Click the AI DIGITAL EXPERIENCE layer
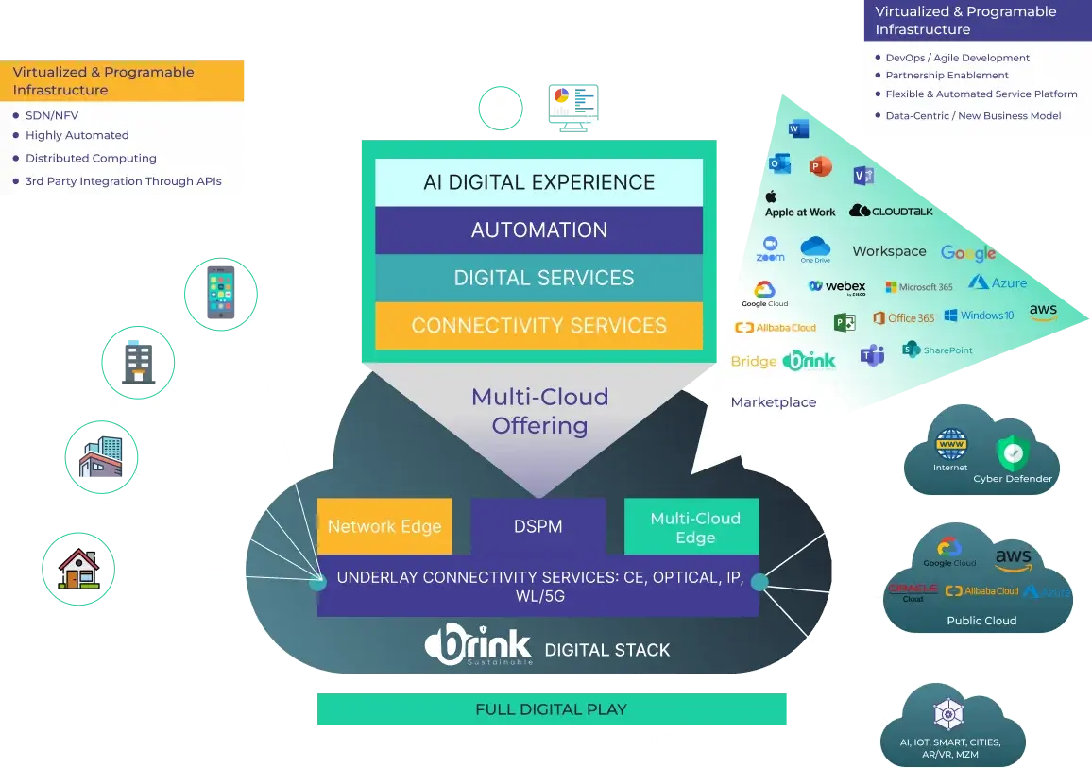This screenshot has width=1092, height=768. pyautogui.click(x=538, y=182)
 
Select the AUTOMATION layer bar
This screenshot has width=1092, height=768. pyautogui.click(x=538, y=230)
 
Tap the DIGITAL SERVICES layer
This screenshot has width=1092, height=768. pyautogui.click(x=538, y=278)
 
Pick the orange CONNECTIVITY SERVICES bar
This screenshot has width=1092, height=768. pyautogui.click(x=538, y=326)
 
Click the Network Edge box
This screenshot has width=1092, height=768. pyautogui.click(x=384, y=526)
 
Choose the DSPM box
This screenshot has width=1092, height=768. pyautogui.click(x=538, y=526)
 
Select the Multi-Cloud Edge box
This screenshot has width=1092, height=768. pyautogui.click(x=694, y=527)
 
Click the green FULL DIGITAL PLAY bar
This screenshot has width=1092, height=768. pyautogui.click(x=552, y=708)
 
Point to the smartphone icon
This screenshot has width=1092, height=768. pyautogui.click(x=219, y=293)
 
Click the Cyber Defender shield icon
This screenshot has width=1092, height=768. pyautogui.click(x=1013, y=454)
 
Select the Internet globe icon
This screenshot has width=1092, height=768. pyautogui.click(x=949, y=445)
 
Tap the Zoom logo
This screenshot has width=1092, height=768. pyautogui.click(x=771, y=249)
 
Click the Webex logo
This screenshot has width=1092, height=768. pyautogui.click(x=838, y=286)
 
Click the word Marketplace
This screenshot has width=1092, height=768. pyautogui.click(x=773, y=402)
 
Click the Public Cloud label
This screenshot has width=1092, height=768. pyautogui.click(x=981, y=621)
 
